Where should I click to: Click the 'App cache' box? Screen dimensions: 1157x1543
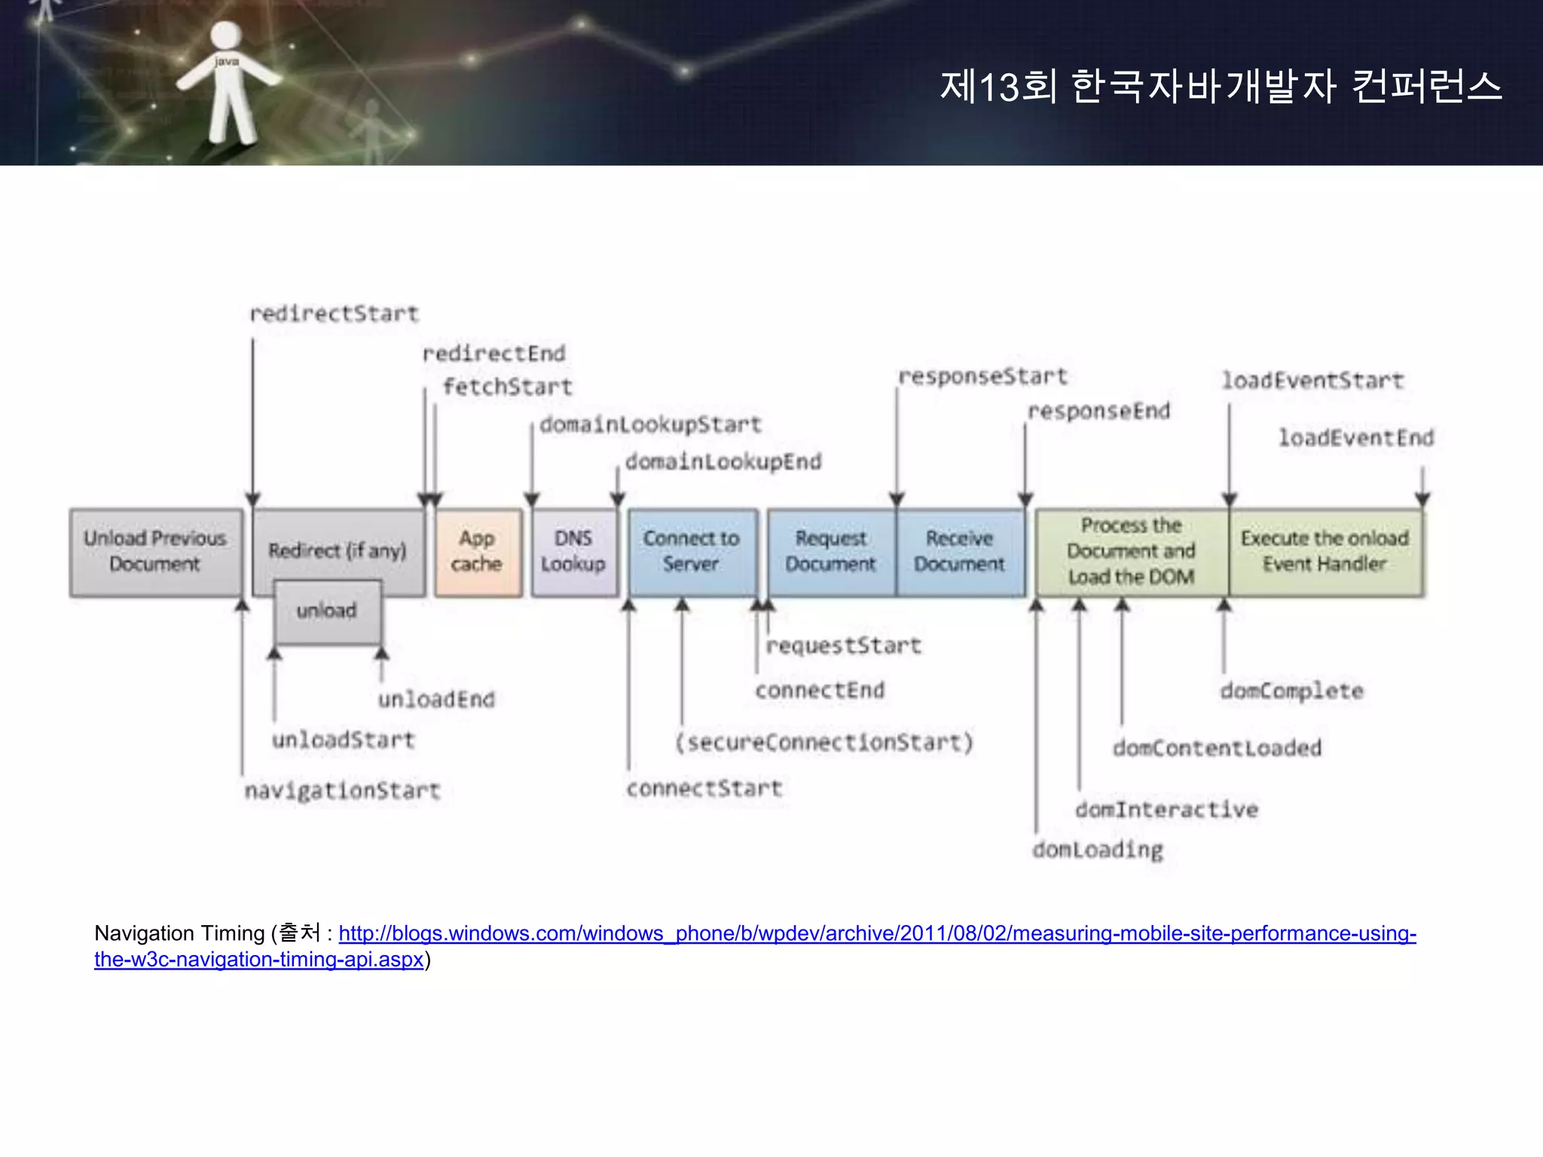click(x=478, y=552)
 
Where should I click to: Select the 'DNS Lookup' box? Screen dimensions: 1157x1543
click(x=573, y=552)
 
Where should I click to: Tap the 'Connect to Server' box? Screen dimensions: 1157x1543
click(x=692, y=552)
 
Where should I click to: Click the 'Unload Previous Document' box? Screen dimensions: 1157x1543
click(x=156, y=552)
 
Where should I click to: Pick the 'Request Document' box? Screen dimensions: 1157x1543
click(x=831, y=552)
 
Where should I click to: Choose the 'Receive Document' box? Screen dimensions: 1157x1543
click(x=960, y=552)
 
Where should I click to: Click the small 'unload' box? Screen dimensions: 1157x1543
click(x=327, y=611)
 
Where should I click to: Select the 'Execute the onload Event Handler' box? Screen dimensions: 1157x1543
click(x=1325, y=552)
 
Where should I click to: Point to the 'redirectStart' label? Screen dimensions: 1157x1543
click(x=334, y=314)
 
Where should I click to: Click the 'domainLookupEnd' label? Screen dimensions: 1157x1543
click(x=723, y=462)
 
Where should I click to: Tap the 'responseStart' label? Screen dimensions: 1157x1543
click(x=983, y=377)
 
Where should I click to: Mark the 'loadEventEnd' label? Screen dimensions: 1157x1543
click(x=1356, y=438)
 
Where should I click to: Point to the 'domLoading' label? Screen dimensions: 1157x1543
click(x=1098, y=850)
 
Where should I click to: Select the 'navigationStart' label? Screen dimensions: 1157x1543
click(x=342, y=791)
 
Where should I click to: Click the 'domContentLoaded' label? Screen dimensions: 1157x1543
click(x=1217, y=748)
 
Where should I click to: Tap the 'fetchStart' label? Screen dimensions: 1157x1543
click(x=508, y=387)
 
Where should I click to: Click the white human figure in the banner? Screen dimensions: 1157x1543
click(x=227, y=83)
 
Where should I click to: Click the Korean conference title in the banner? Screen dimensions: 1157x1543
click(x=1221, y=87)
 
